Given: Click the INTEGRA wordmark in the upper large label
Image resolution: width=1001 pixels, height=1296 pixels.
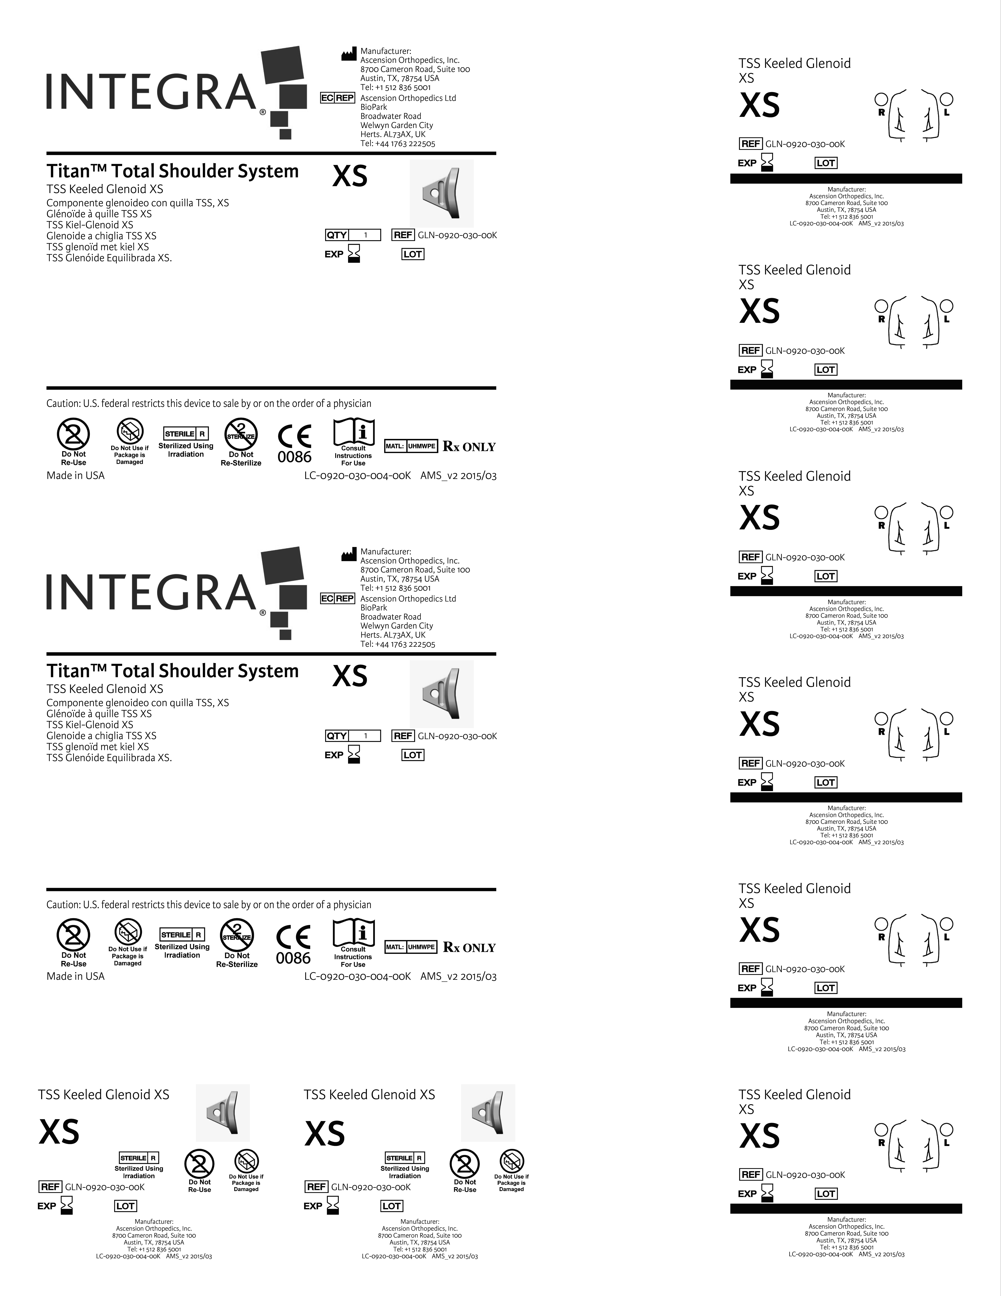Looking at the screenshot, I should click(151, 92).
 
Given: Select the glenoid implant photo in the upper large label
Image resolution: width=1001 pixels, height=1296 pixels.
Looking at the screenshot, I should click(442, 193).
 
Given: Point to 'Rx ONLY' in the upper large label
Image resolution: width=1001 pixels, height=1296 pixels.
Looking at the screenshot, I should click(469, 447).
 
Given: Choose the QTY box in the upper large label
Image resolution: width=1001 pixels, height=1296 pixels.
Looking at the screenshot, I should click(353, 235).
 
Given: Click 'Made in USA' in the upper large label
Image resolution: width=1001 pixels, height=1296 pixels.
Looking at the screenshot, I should click(75, 475).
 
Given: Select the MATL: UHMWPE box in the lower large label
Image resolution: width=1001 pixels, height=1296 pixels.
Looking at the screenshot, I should click(411, 947).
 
